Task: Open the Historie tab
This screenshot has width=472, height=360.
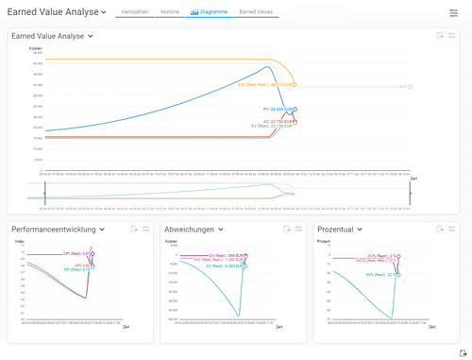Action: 170,12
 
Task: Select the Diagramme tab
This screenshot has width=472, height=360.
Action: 209,12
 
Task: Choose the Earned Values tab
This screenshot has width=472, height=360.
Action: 256,12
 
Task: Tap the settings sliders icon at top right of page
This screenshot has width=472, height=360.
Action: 453,13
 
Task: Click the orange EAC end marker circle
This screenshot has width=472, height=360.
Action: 295,84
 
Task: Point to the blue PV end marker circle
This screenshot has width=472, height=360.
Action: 295,110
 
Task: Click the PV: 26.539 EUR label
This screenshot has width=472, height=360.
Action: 277,110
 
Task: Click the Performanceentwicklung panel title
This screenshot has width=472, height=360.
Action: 55,230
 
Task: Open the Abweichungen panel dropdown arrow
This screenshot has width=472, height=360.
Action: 221,230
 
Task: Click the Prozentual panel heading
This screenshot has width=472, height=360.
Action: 337,230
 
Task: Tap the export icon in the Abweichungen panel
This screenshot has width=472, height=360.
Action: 287,229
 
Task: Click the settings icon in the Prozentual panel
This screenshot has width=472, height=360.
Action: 451,229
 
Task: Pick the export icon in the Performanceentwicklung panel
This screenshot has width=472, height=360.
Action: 134,229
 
